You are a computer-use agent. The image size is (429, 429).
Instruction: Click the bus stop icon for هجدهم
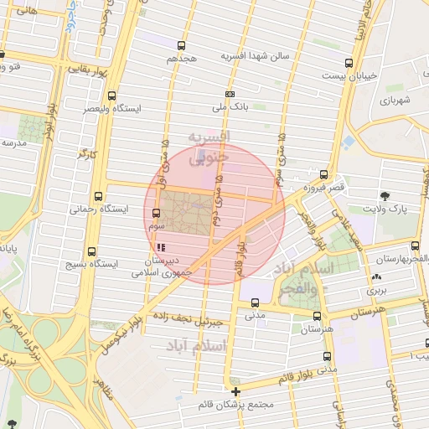pyautogui.click(x=182, y=46)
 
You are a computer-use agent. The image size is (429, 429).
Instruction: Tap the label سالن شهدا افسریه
pyautogui.click(x=255, y=56)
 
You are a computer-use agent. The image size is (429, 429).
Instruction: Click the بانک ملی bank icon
pyautogui.click(x=230, y=94)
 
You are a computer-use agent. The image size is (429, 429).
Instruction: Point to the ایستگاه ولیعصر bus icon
pyautogui.click(x=112, y=96)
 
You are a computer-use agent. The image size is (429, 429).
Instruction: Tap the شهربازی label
pyautogui.click(x=394, y=100)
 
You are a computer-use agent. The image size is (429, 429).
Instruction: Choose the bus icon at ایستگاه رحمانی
pyautogui.click(x=100, y=195)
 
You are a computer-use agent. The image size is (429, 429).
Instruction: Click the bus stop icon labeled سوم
pyautogui.click(x=156, y=213)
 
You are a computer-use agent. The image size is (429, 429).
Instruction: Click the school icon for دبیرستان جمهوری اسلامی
pyautogui.click(x=160, y=248)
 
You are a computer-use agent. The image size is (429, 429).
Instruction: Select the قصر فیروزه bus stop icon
pyautogui.click(x=323, y=176)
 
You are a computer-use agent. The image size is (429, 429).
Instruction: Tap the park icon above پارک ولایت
pyautogui.click(x=385, y=194)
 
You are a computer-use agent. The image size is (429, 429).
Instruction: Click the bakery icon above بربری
pyautogui.click(x=375, y=277)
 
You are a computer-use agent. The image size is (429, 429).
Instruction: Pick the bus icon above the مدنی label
pyautogui.click(x=256, y=303)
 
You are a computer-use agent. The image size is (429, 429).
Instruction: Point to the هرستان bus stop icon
pyautogui.click(x=316, y=316)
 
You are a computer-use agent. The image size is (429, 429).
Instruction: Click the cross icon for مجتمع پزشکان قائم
pyautogui.click(x=236, y=391)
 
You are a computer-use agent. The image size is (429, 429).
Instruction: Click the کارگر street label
pyautogui.click(x=88, y=153)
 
